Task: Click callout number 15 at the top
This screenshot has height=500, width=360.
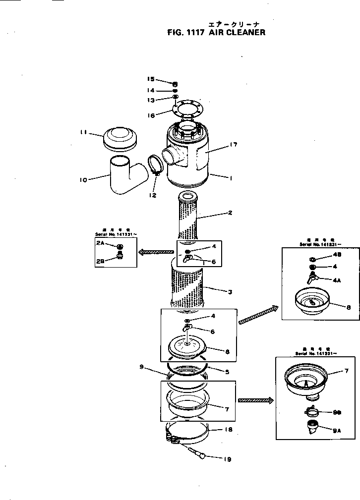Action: point(151,79)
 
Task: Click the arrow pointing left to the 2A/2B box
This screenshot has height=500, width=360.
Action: point(156,252)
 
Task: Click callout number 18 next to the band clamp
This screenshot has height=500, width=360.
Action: point(229,430)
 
